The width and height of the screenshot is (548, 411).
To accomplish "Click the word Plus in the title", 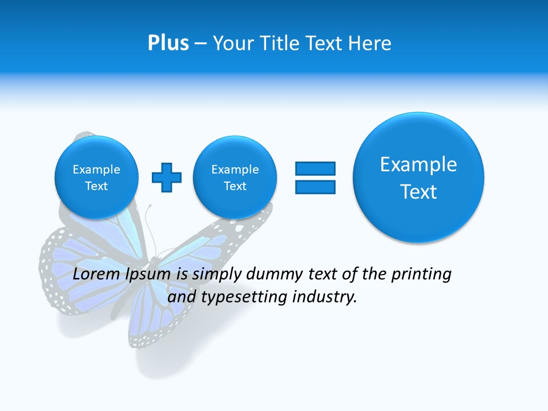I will [168, 43].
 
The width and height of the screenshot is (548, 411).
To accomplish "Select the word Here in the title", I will [370, 43].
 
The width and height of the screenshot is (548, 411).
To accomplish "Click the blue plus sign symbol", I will [167, 178].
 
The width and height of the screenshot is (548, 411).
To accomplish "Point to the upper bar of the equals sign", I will [315, 168].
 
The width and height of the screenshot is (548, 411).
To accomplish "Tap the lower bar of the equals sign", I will [315, 187].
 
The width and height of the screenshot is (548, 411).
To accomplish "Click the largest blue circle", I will [418, 177].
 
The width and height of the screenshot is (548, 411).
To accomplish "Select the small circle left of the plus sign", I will [96, 177].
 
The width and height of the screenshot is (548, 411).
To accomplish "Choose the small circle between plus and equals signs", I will [235, 177].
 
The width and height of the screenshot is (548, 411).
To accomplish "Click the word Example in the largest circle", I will [418, 164].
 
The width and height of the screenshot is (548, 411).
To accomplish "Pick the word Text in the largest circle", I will [418, 192].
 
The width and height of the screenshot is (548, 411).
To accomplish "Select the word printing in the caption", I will [422, 275].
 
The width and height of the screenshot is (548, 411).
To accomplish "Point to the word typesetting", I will [243, 297].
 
